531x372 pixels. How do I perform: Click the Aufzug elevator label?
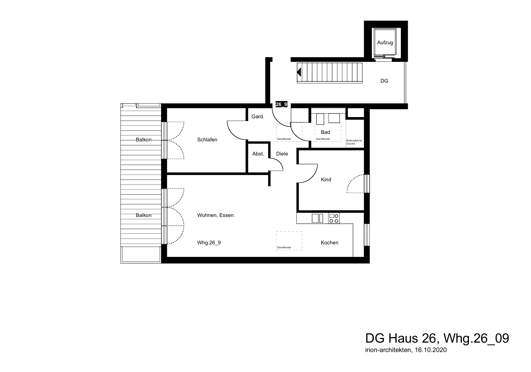[385, 43]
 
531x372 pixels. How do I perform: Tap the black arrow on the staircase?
[299, 72]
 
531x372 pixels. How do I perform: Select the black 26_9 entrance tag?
[282, 104]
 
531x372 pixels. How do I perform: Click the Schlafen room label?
[207, 139]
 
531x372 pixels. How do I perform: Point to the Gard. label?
[258, 117]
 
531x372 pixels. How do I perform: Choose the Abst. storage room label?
[258, 154]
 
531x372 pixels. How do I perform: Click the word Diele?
[282, 154]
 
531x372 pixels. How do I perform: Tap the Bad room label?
[325, 132]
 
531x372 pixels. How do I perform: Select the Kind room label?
[326, 180]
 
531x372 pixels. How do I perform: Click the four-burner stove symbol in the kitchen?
[334, 219]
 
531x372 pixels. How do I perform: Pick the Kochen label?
[330, 243]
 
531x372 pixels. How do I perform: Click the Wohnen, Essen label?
[215, 215]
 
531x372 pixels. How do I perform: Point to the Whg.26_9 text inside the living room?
[209, 243]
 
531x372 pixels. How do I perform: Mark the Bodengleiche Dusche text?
[354, 142]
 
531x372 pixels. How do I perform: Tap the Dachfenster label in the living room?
[284, 247]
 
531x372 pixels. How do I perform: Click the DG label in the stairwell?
[384, 81]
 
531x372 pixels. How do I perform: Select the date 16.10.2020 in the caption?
[431, 350]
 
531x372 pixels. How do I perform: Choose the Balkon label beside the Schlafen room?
[144, 139]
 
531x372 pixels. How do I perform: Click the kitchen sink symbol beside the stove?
[317, 219]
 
